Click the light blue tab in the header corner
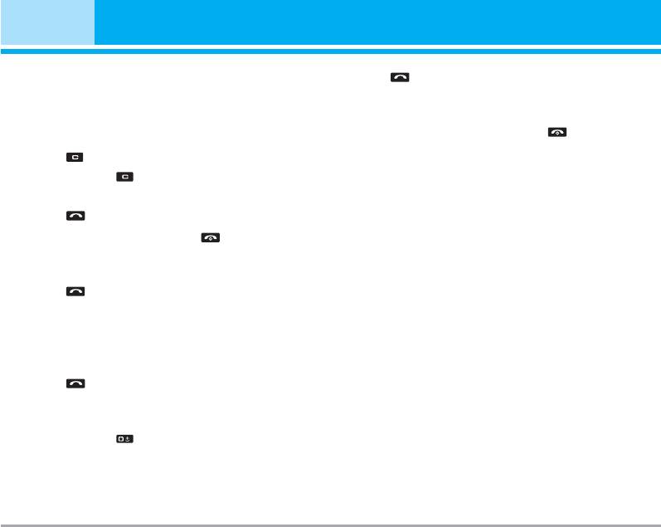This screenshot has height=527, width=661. tap(47, 22)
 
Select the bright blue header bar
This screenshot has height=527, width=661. tap(377, 22)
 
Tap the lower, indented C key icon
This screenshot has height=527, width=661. tap(124, 177)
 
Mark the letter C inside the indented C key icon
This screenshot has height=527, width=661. tap(124, 177)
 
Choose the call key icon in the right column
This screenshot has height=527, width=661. tap(401, 77)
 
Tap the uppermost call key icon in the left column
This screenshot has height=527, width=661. tap(75, 216)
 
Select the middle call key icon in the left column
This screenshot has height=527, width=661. tap(75, 291)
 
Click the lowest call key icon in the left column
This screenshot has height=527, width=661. tap(75, 383)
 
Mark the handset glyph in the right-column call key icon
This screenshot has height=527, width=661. tap(401, 77)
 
